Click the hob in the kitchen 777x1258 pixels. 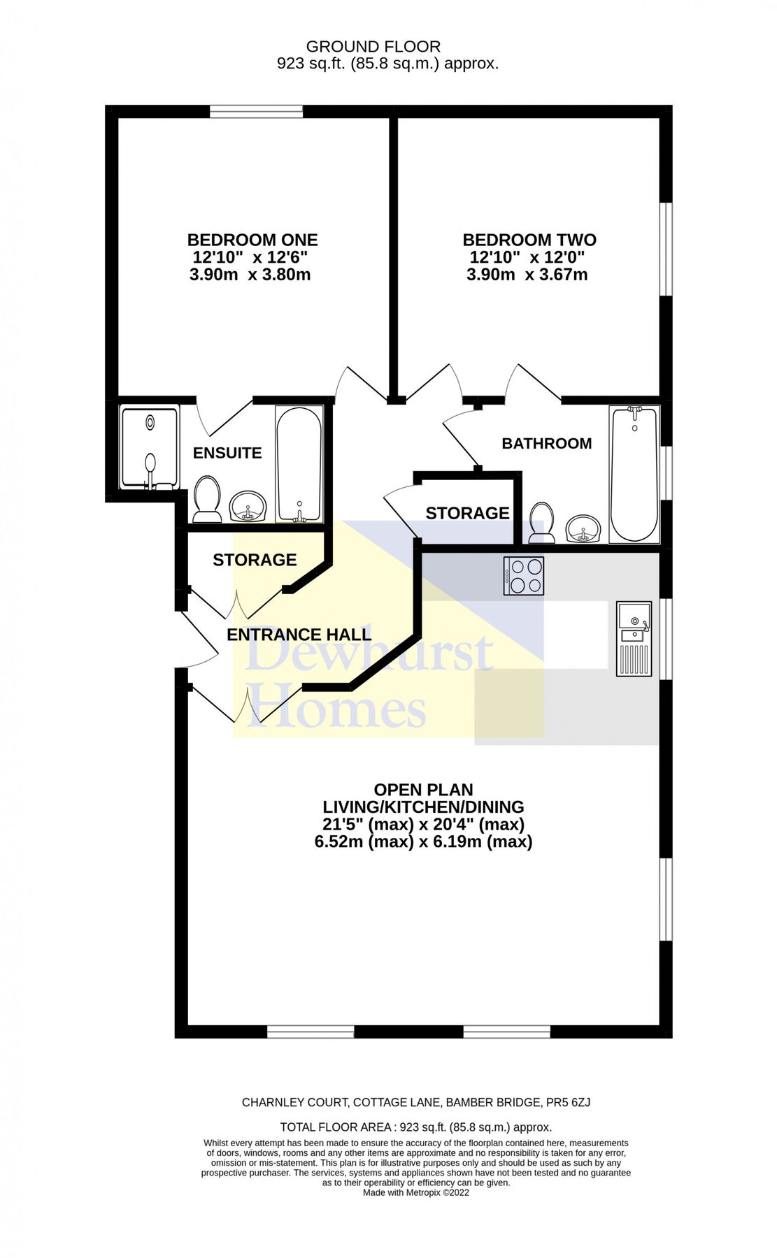tap(524, 576)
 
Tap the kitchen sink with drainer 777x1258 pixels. tap(634, 639)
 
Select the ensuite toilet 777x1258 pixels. tap(207, 499)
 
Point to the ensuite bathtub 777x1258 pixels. tap(299, 464)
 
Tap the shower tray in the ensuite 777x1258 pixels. tap(150, 447)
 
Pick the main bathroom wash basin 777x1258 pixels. tap(583, 528)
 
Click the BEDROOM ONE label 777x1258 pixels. tap(252, 240)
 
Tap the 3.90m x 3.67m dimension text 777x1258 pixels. tap(527, 275)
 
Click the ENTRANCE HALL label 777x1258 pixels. tap(299, 635)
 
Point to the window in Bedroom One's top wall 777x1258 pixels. tap(256, 111)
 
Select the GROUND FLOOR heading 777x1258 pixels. tap(373, 47)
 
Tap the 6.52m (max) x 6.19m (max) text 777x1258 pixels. tap(423, 841)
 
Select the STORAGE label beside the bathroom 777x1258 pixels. tap(467, 513)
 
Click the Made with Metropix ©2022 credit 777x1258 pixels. tap(415, 1192)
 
